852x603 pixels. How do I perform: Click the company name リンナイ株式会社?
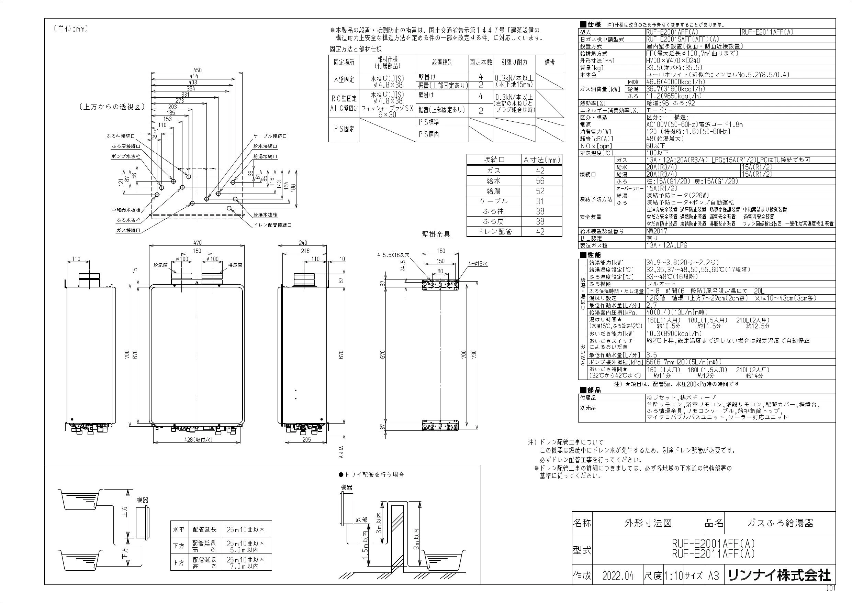point(780,576)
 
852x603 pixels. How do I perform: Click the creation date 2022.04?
point(617,576)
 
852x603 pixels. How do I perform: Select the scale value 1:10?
point(673,576)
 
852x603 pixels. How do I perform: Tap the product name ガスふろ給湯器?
point(780,523)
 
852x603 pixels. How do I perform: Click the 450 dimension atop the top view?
point(197,70)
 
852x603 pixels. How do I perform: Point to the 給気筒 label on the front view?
point(161,265)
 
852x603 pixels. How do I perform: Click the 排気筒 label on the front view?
point(235,265)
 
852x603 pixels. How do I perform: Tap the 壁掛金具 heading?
point(436,234)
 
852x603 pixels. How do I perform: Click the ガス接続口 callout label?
point(128,230)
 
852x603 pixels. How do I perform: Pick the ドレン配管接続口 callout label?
point(273,225)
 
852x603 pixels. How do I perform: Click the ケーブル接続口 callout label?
point(270,136)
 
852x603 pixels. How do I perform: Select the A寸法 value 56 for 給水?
point(540,181)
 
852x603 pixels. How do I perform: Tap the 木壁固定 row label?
point(344,79)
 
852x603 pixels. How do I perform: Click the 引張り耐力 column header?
point(514,62)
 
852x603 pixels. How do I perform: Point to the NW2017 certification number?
point(657,231)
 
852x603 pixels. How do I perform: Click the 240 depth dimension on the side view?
point(303,242)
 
